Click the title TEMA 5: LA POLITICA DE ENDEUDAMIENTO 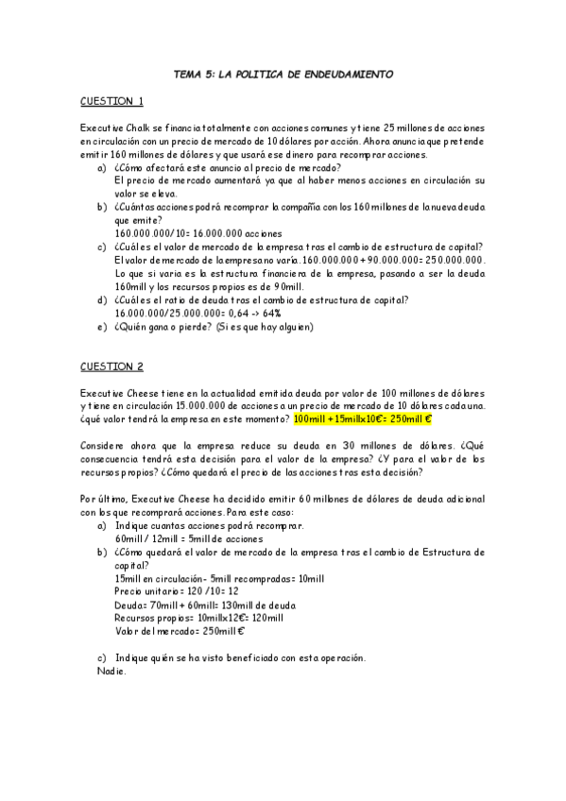[x=284, y=74]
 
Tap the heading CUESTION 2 [x=111, y=366]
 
